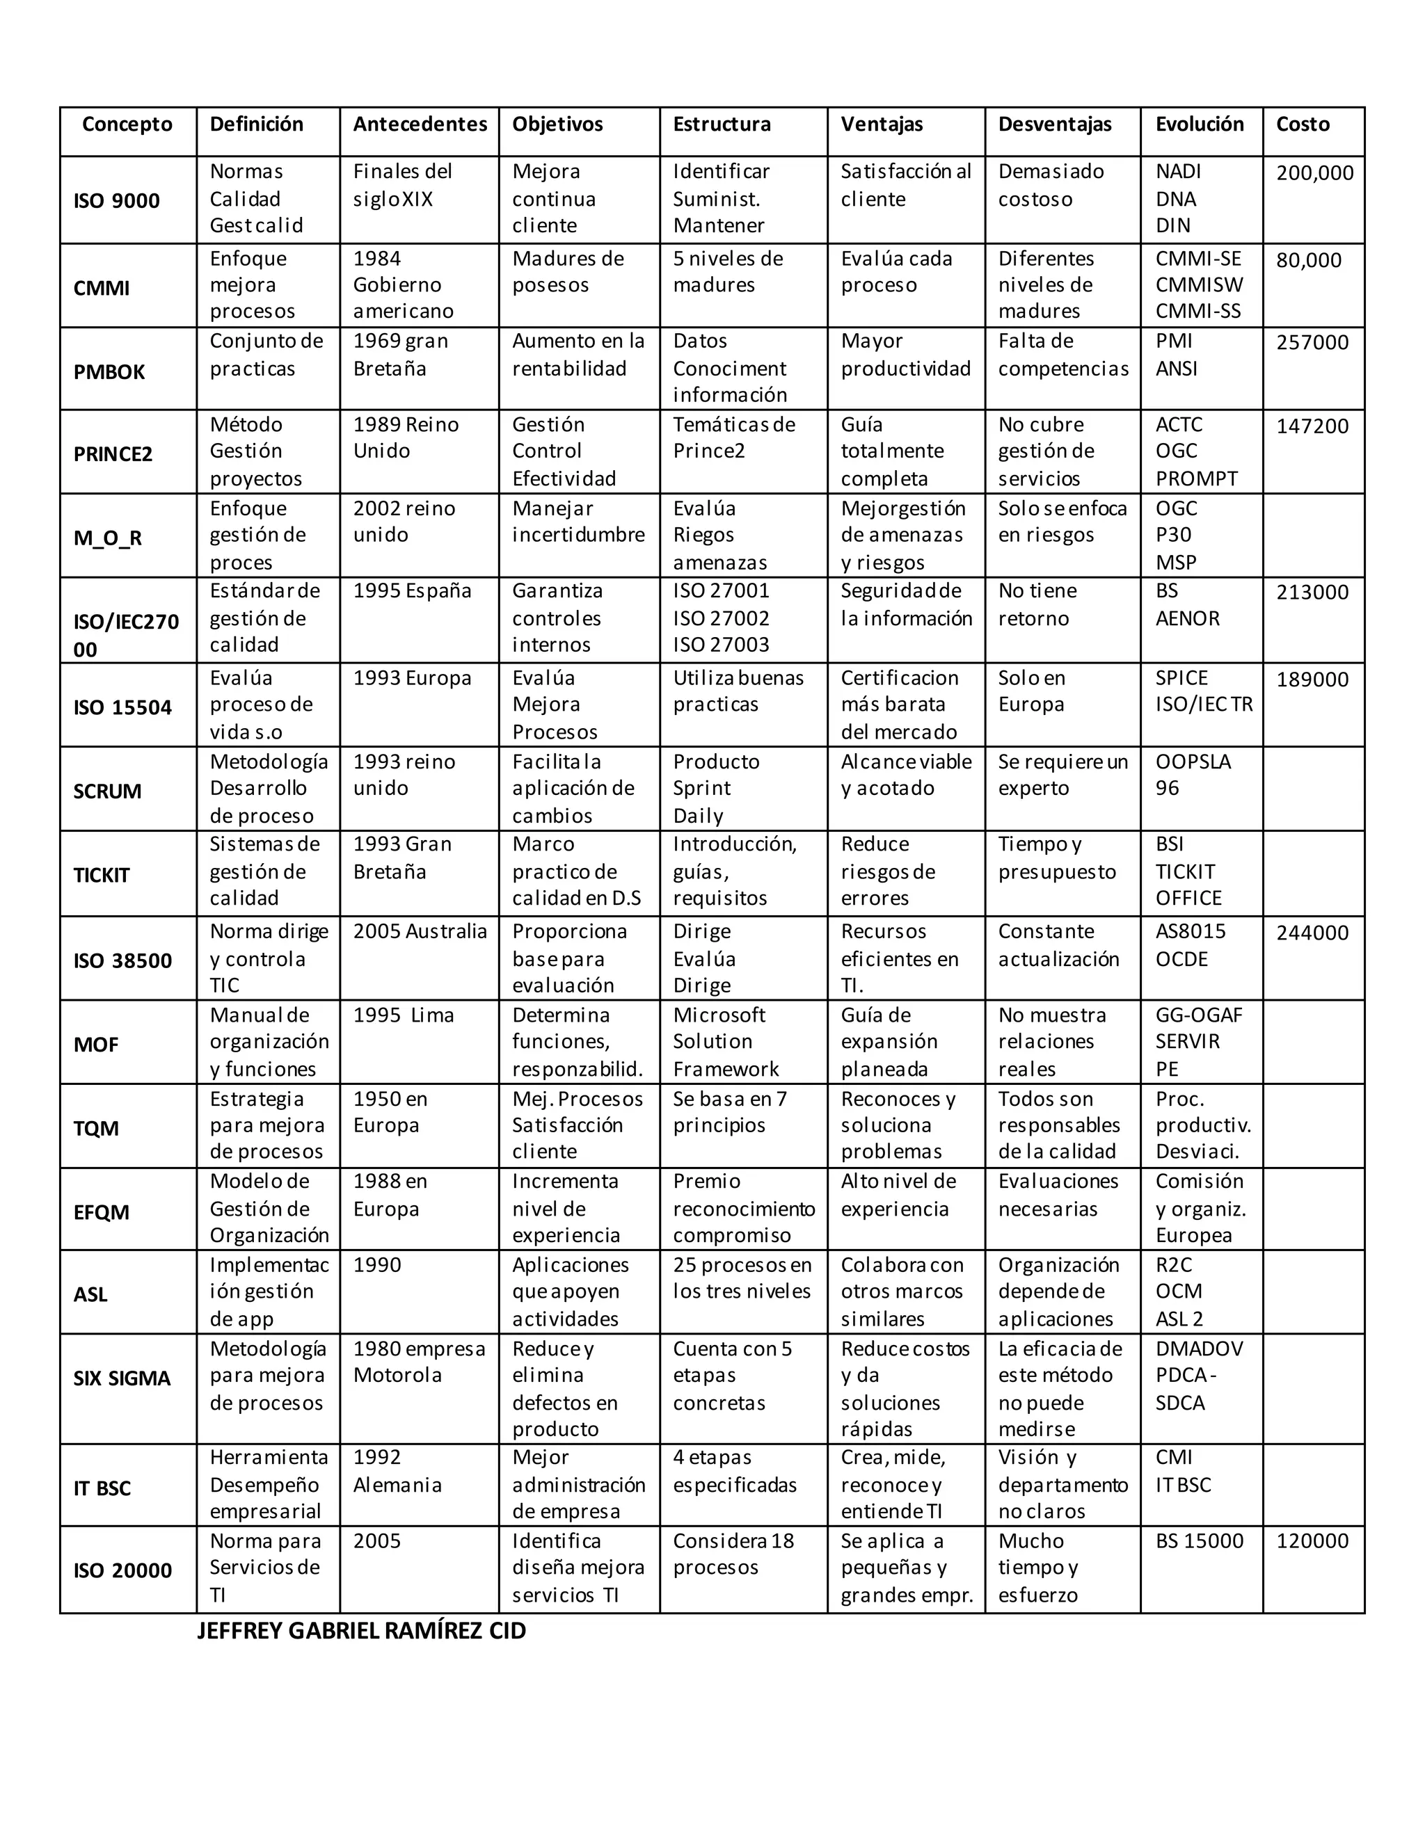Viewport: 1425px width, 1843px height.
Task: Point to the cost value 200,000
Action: [1314, 173]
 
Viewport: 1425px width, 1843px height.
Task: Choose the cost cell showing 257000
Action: [1312, 343]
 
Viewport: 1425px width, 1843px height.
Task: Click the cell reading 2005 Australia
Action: [420, 932]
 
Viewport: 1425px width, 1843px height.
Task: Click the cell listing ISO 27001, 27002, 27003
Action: [721, 618]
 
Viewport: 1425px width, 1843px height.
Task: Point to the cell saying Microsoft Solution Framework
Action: [725, 1041]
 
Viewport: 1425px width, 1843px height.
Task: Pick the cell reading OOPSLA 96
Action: [1192, 775]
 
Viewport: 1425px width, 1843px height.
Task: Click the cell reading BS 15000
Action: [1199, 1541]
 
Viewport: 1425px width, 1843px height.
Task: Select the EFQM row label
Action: [102, 1213]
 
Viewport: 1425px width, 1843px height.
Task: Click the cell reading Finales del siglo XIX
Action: [402, 185]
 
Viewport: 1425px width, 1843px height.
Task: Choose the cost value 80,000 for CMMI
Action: [1307, 260]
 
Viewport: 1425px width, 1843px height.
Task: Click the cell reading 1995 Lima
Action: [403, 1015]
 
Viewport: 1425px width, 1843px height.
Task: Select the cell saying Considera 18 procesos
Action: [733, 1554]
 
